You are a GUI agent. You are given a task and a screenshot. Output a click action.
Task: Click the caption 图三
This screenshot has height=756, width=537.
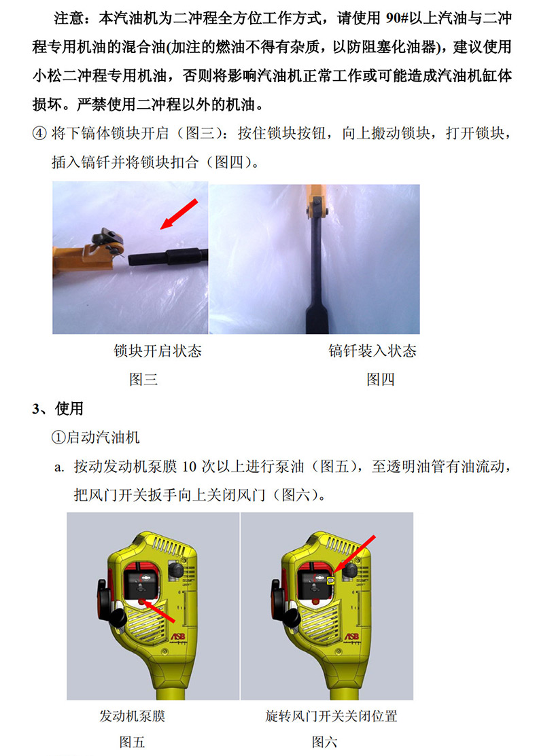[143, 380]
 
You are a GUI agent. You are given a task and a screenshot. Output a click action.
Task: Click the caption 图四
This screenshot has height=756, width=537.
[381, 380]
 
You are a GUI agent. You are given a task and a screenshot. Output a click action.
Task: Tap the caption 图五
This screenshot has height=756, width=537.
[132, 742]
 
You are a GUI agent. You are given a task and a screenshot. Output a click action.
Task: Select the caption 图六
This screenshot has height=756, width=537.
[324, 742]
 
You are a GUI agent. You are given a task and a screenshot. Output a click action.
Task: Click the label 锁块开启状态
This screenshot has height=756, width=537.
[157, 350]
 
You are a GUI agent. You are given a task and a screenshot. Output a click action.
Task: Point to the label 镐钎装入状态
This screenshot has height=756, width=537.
[372, 350]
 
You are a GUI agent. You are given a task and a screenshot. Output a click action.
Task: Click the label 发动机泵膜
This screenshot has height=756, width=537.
[132, 716]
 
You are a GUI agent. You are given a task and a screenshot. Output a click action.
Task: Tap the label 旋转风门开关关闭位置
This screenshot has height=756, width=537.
[331, 716]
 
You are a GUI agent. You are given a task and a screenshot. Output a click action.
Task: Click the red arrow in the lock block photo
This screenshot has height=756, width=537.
[179, 213]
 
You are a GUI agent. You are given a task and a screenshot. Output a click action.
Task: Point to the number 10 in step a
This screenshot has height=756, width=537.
[189, 466]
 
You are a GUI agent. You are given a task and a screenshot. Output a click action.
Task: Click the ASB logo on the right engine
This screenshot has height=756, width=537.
[351, 636]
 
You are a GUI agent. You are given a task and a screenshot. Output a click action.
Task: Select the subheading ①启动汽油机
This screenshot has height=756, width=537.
[96, 437]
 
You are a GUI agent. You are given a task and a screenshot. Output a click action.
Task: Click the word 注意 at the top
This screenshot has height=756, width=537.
[69, 18]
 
